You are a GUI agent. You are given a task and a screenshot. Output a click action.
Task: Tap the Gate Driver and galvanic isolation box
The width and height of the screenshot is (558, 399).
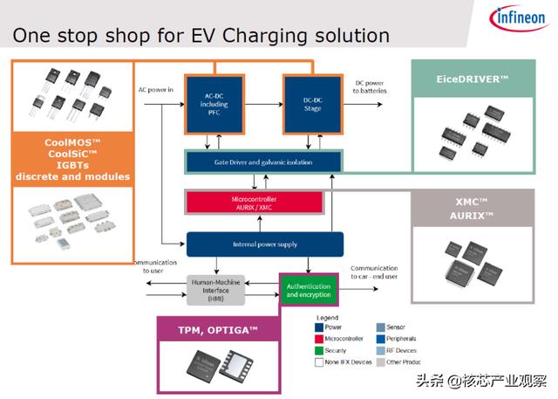tap(263, 162)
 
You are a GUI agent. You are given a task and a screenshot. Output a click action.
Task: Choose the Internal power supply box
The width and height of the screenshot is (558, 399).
tap(264, 244)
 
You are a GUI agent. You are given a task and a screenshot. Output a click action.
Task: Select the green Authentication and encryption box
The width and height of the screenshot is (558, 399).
tap(309, 289)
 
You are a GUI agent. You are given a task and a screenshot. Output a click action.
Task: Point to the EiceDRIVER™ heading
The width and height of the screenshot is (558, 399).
tap(473, 79)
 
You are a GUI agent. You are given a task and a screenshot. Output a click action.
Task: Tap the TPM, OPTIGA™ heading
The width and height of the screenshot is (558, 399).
tap(218, 329)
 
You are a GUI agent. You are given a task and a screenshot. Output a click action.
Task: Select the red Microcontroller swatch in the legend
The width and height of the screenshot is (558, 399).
tap(320, 337)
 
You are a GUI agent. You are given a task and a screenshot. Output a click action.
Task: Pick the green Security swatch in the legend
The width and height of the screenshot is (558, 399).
tap(320, 349)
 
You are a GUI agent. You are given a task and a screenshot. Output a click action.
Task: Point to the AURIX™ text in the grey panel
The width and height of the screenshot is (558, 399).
tap(471, 215)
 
